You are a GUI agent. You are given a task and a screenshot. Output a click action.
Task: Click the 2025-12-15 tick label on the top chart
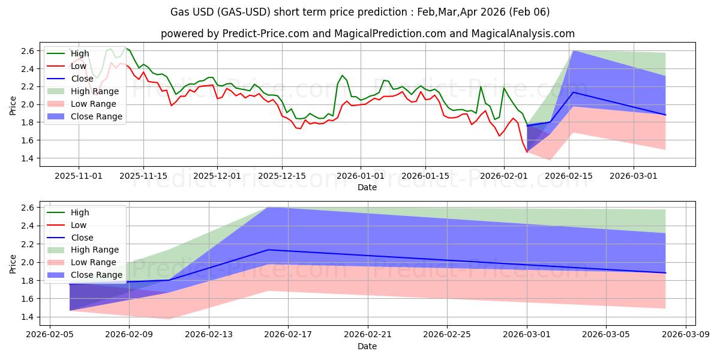[x=282, y=176]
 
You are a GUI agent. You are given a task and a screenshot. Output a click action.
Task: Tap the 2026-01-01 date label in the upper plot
[x=361, y=176]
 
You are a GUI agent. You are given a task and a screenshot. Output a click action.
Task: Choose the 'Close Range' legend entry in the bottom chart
[x=98, y=275]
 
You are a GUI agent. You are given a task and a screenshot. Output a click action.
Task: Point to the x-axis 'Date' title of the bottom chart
[x=367, y=346]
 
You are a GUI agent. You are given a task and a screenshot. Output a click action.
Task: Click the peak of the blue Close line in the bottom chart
[x=268, y=250]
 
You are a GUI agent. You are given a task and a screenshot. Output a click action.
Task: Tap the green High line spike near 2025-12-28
[x=342, y=76]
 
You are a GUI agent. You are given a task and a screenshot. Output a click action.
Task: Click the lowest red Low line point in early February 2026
[x=527, y=152]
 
